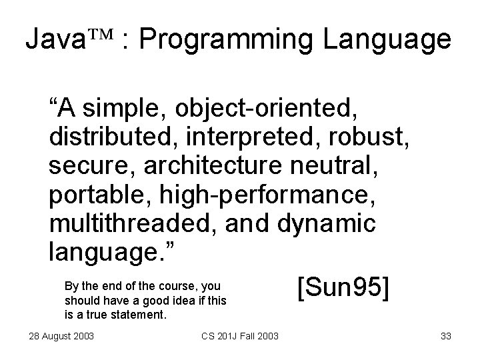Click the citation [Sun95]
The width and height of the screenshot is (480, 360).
click(343, 288)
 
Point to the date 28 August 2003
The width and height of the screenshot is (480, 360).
click(56, 334)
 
